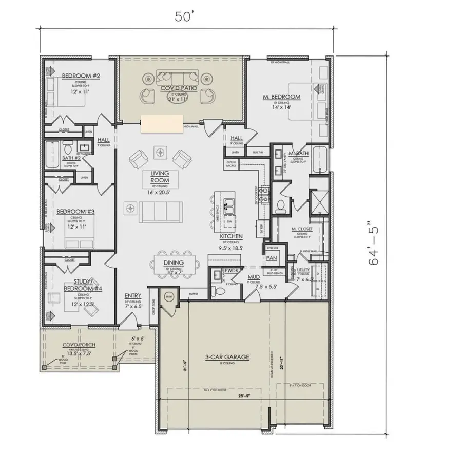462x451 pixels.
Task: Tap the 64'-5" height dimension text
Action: click(376, 243)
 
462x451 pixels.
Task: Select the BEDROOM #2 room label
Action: click(81, 76)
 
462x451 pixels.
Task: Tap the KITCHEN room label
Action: click(231, 236)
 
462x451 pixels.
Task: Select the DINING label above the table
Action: click(174, 263)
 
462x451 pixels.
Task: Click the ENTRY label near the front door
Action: click(133, 296)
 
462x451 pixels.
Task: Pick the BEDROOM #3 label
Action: click(71, 211)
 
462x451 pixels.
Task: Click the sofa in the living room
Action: click(161, 212)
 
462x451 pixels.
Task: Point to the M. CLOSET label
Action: click(299, 229)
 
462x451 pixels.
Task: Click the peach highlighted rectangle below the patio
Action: click(162, 124)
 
